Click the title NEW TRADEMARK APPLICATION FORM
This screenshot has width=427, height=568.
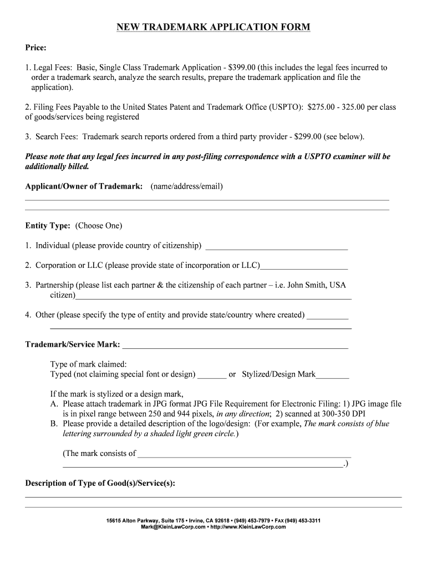click(x=213, y=27)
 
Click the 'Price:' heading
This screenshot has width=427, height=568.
click(x=35, y=48)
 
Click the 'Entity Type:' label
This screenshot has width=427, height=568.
click(x=48, y=226)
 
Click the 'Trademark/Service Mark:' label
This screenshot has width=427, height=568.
click(x=72, y=344)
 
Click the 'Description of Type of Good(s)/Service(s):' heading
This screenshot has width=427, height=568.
click(x=100, y=483)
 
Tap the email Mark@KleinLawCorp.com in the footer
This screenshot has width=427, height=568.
click(x=173, y=527)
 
